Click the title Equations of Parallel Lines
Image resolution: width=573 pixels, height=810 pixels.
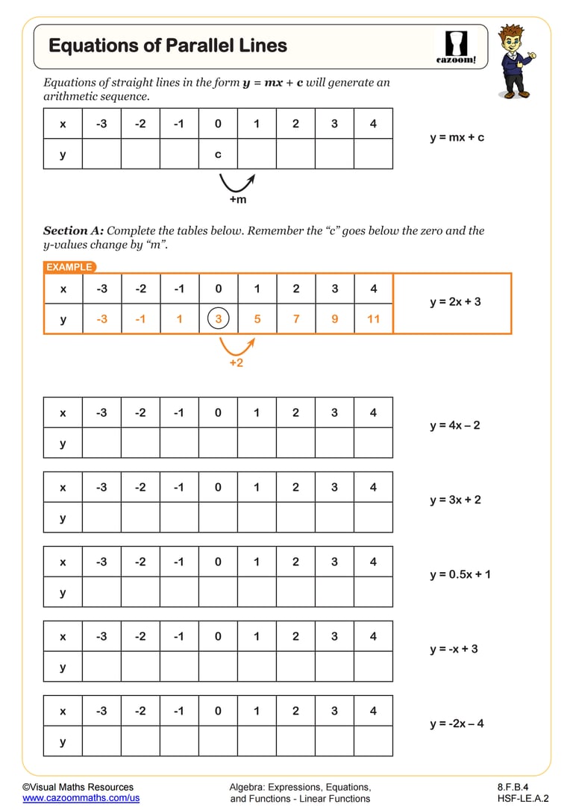(168, 45)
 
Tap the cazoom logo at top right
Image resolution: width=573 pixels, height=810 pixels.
(456, 47)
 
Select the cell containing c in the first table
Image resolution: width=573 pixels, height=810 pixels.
(218, 154)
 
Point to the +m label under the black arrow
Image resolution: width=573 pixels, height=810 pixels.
(237, 200)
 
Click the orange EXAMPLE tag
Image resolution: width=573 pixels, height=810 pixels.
(69, 267)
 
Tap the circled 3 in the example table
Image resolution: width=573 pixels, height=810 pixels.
(218, 319)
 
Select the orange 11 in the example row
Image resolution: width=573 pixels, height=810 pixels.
(373, 319)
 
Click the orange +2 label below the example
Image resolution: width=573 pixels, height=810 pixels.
(237, 362)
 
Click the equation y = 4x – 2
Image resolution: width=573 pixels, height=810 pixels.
(455, 425)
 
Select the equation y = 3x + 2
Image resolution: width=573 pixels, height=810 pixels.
(455, 500)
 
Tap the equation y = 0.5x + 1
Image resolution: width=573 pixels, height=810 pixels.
(460, 574)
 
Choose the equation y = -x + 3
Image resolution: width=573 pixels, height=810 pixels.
(454, 649)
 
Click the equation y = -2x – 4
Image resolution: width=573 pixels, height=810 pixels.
(457, 723)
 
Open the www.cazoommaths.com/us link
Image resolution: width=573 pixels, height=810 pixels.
(81, 798)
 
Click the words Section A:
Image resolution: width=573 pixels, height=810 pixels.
(73, 230)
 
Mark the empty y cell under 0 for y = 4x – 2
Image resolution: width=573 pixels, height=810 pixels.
(218, 443)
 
